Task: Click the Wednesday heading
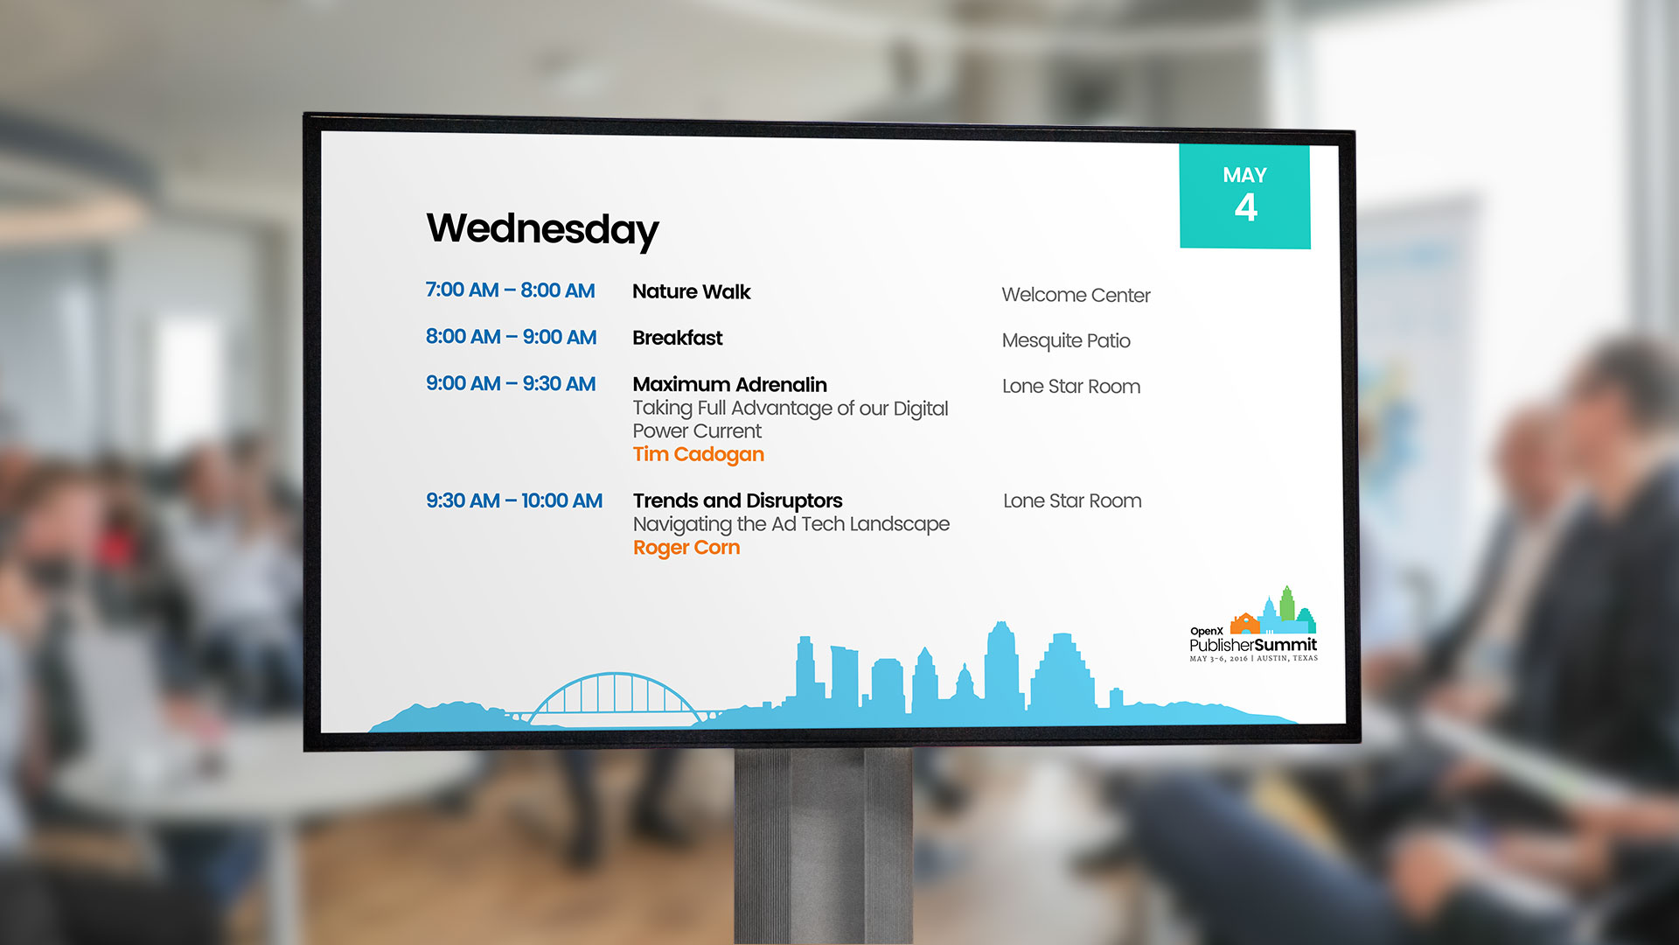[x=542, y=229]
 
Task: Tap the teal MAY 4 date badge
[x=1244, y=196]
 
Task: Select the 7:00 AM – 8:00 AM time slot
[x=510, y=290]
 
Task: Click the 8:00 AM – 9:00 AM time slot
[x=511, y=337]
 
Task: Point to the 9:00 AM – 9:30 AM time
[x=511, y=383]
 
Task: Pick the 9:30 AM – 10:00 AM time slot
[x=514, y=500]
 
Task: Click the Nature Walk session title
[x=692, y=291]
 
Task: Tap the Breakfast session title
[x=678, y=338]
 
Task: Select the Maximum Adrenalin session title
[x=729, y=384]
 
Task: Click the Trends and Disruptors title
[x=737, y=500]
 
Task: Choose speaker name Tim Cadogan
[x=699, y=454]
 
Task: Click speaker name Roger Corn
[x=686, y=548]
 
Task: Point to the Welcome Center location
[x=1076, y=295]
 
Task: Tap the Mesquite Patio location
[x=1066, y=340]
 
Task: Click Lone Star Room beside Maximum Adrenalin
[x=1071, y=386]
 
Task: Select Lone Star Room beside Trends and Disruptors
[x=1072, y=500]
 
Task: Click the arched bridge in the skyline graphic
[x=616, y=675]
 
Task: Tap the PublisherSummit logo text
[x=1253, y=645]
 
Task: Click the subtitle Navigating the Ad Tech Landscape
[x=791, y=524]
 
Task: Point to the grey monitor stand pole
[x=823, y=845]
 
